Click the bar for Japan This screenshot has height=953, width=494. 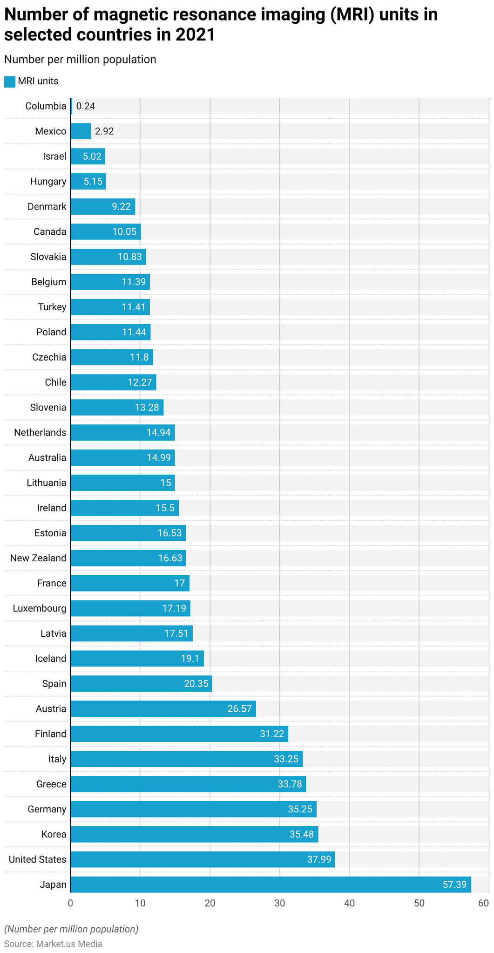(271, 885)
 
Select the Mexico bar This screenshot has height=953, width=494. (81, 131)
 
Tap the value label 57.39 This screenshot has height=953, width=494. (454, 885)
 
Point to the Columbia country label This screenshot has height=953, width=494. (46, 106)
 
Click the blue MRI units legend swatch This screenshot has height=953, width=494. (10, 82)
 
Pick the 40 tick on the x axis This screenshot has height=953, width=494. (349, 904)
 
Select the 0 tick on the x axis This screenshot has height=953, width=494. (70, 904)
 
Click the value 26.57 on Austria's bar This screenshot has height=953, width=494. (239, 709)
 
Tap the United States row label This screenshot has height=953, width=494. (38, 859)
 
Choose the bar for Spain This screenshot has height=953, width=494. (141, 684)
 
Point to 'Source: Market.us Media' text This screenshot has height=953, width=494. (53, 944)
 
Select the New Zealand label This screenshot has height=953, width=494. (38, 558)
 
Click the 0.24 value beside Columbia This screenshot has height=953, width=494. (86, 106)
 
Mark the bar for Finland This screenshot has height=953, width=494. (179, 734)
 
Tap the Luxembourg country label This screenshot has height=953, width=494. (40, 608)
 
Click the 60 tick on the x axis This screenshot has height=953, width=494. (484, 904)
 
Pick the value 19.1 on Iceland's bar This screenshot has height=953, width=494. (189, 659)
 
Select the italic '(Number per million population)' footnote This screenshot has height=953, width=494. (71, 929)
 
